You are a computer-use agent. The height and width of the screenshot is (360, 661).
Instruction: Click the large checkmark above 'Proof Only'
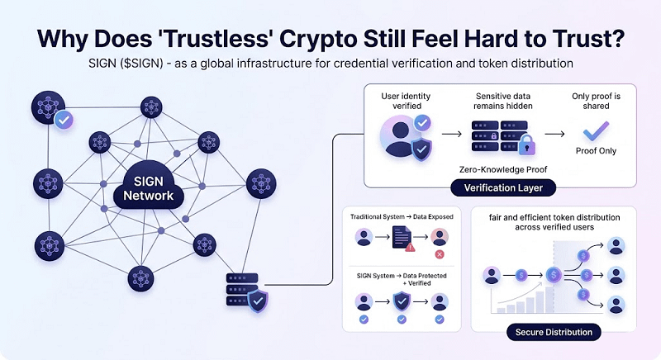pos(595,131)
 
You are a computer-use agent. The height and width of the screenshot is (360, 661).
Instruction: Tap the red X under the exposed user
pos(439,254)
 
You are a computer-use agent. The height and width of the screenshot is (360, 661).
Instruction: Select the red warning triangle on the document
pos(410,244)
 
